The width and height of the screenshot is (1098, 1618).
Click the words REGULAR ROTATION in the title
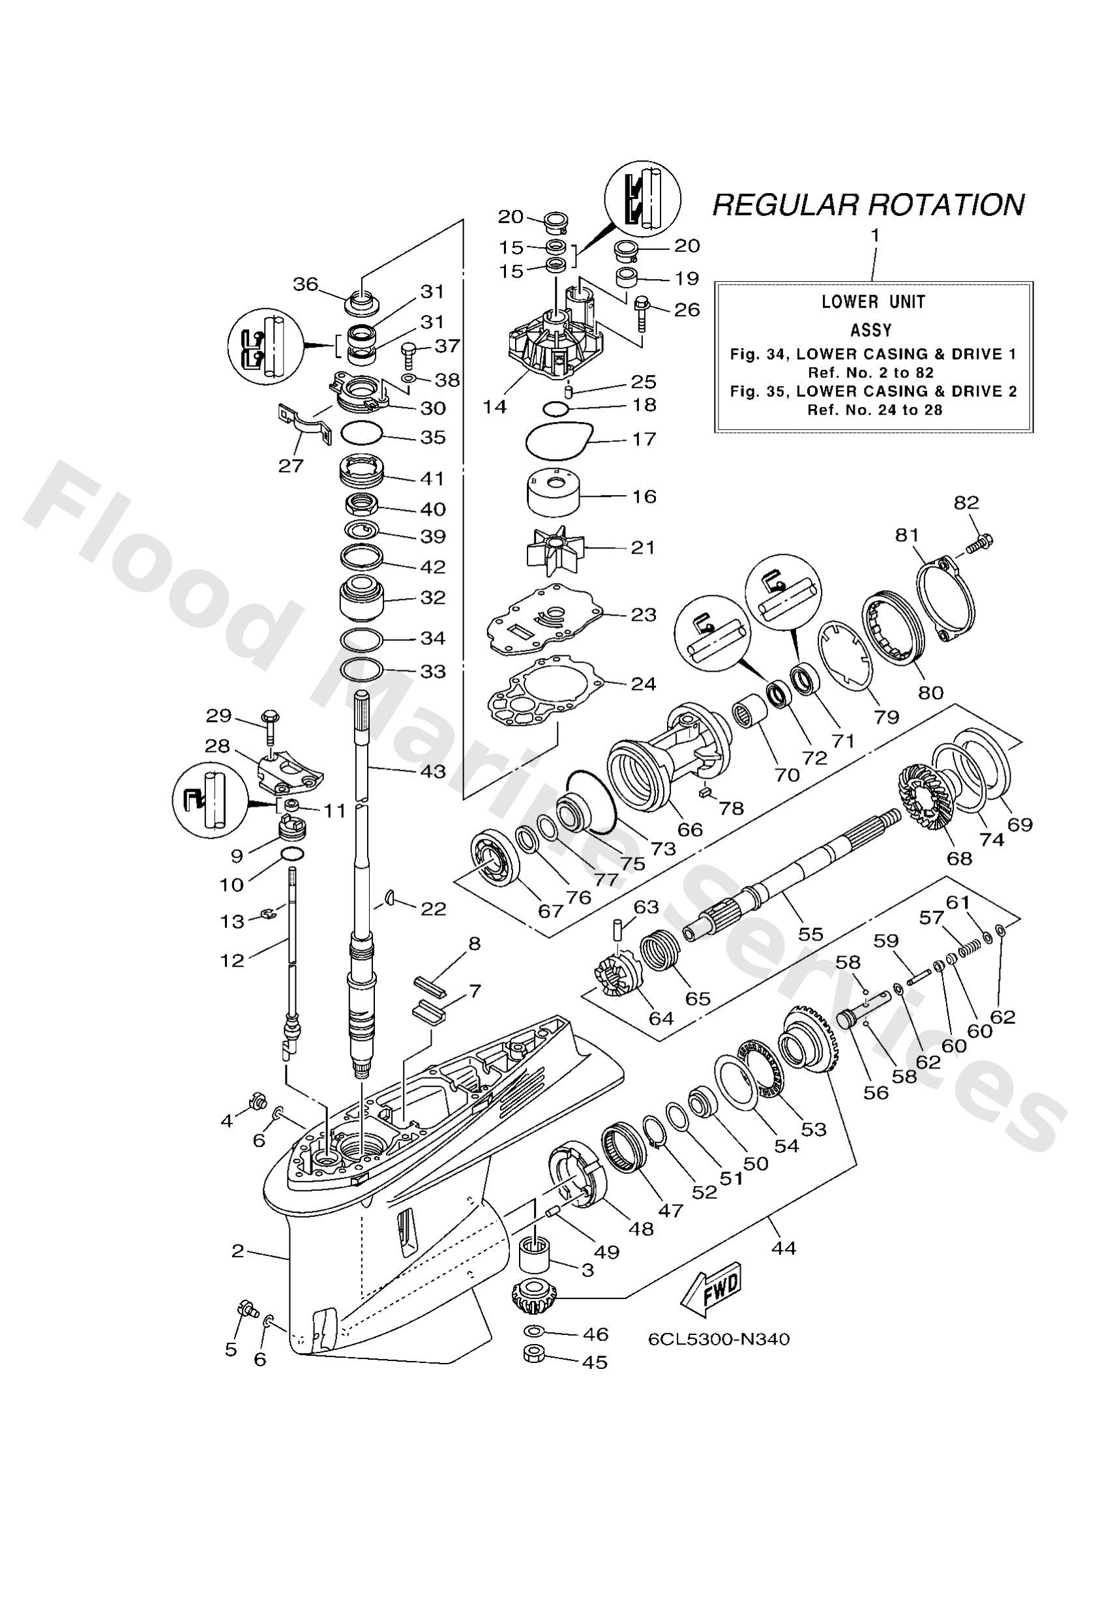pos(868,205)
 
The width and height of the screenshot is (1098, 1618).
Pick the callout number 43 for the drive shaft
pos(432,772)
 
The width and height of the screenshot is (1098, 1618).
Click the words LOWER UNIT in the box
pos(873,301)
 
